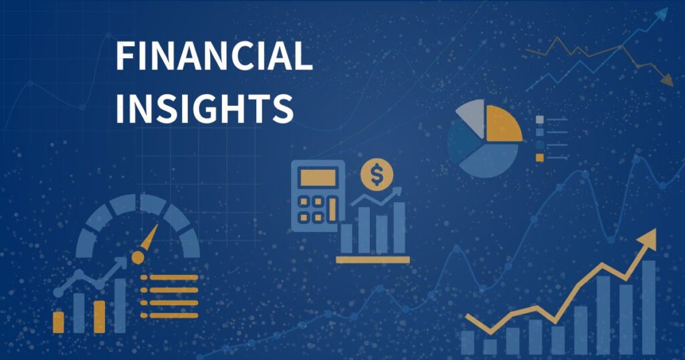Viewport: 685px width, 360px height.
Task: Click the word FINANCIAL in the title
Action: [214, 56]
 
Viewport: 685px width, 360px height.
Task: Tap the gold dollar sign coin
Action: [377, 175]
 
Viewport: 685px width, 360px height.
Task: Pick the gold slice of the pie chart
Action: [502, 124]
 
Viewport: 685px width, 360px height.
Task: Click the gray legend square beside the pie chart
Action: [540, 120]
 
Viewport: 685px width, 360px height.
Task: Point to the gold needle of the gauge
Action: [150, 239]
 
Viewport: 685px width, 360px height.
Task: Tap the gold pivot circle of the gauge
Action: [138, 258]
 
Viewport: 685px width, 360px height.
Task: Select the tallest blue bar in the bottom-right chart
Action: [649, 307]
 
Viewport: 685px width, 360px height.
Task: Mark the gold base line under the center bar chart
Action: [373, 260]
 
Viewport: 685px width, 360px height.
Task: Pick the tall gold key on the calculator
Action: [332, 209]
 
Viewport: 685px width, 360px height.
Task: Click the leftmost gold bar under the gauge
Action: [59, 323]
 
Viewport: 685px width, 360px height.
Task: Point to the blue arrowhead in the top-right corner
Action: [662, 15]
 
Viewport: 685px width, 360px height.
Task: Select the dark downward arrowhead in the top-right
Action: [667, 80]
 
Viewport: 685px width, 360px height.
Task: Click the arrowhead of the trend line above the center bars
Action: [397, 191]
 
